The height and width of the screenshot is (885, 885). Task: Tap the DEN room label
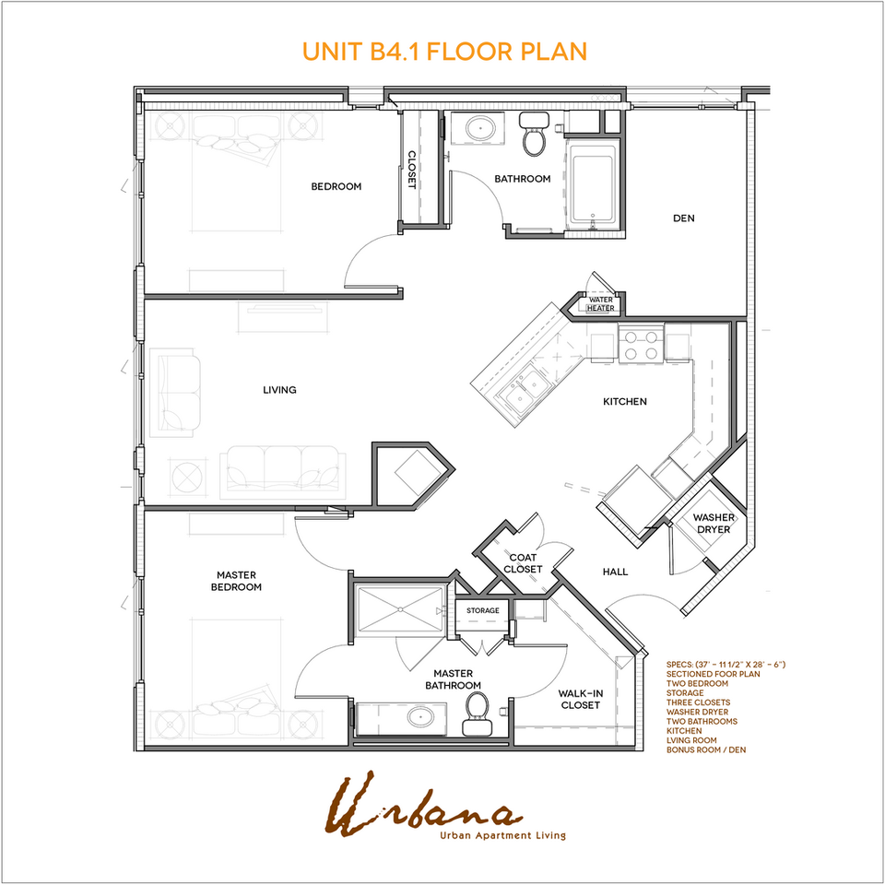(683, 218)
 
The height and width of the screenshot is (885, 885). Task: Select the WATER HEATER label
(600, 303)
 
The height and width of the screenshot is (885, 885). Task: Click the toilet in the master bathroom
(477, 712)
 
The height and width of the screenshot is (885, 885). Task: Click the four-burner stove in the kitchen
(641, 344)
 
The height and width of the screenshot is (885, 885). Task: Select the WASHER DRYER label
(714, 524)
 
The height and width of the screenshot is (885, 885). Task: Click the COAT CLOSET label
(523, 562)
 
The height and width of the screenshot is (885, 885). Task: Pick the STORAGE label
(482, 610)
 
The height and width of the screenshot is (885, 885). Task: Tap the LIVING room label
(279, 390)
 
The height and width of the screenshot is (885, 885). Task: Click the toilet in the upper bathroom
(533, 136)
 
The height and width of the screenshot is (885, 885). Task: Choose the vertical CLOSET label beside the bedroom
(412, 170)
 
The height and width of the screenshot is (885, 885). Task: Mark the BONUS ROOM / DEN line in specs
(705, 749)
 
